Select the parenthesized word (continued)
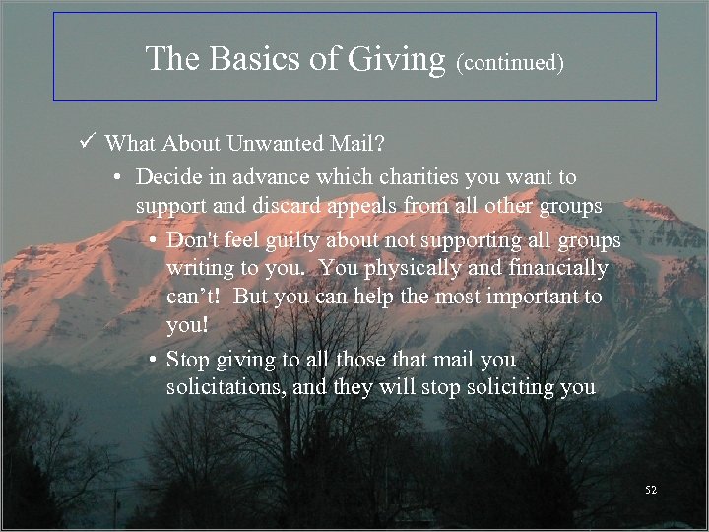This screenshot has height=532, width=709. pos(509,63)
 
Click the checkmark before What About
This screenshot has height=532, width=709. pos(88,144)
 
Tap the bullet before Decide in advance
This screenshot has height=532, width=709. pos(116,178)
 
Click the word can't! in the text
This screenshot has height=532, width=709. pos(197,297)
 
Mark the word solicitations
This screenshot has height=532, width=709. pos(226,387)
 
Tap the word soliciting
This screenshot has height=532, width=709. pos(488,387)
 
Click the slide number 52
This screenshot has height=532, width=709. pos(650,490)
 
